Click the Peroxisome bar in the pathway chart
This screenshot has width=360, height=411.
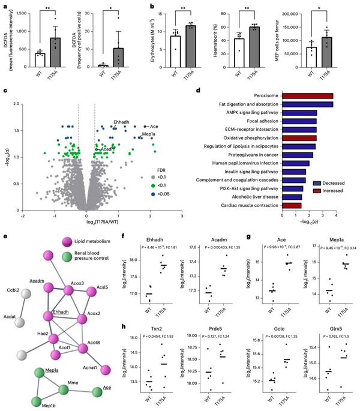284,96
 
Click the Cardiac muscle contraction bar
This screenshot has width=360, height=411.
268,205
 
